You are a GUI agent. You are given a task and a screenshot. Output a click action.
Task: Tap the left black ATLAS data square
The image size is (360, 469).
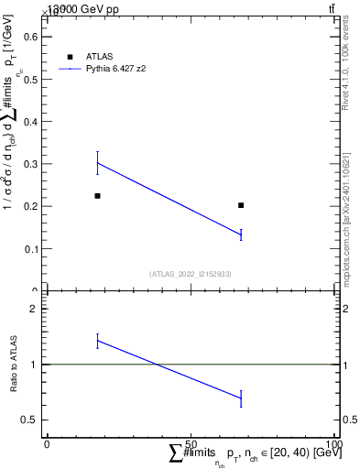click(97, 196)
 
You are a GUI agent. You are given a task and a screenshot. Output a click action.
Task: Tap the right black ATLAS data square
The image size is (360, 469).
click(241, 205)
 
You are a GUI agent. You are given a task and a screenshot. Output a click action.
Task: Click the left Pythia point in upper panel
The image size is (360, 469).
click(97, 163)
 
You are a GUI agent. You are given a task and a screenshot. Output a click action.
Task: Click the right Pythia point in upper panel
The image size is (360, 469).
click(241, 235)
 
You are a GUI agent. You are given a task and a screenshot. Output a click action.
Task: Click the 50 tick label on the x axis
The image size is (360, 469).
click(191, 443)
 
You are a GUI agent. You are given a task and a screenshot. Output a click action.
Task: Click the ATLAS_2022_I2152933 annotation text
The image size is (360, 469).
click(191, 274)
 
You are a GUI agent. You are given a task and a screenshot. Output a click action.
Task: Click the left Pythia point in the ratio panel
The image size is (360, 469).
click(97, 341)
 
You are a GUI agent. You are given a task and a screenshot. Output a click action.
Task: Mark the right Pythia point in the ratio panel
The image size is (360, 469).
click(241, 398)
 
